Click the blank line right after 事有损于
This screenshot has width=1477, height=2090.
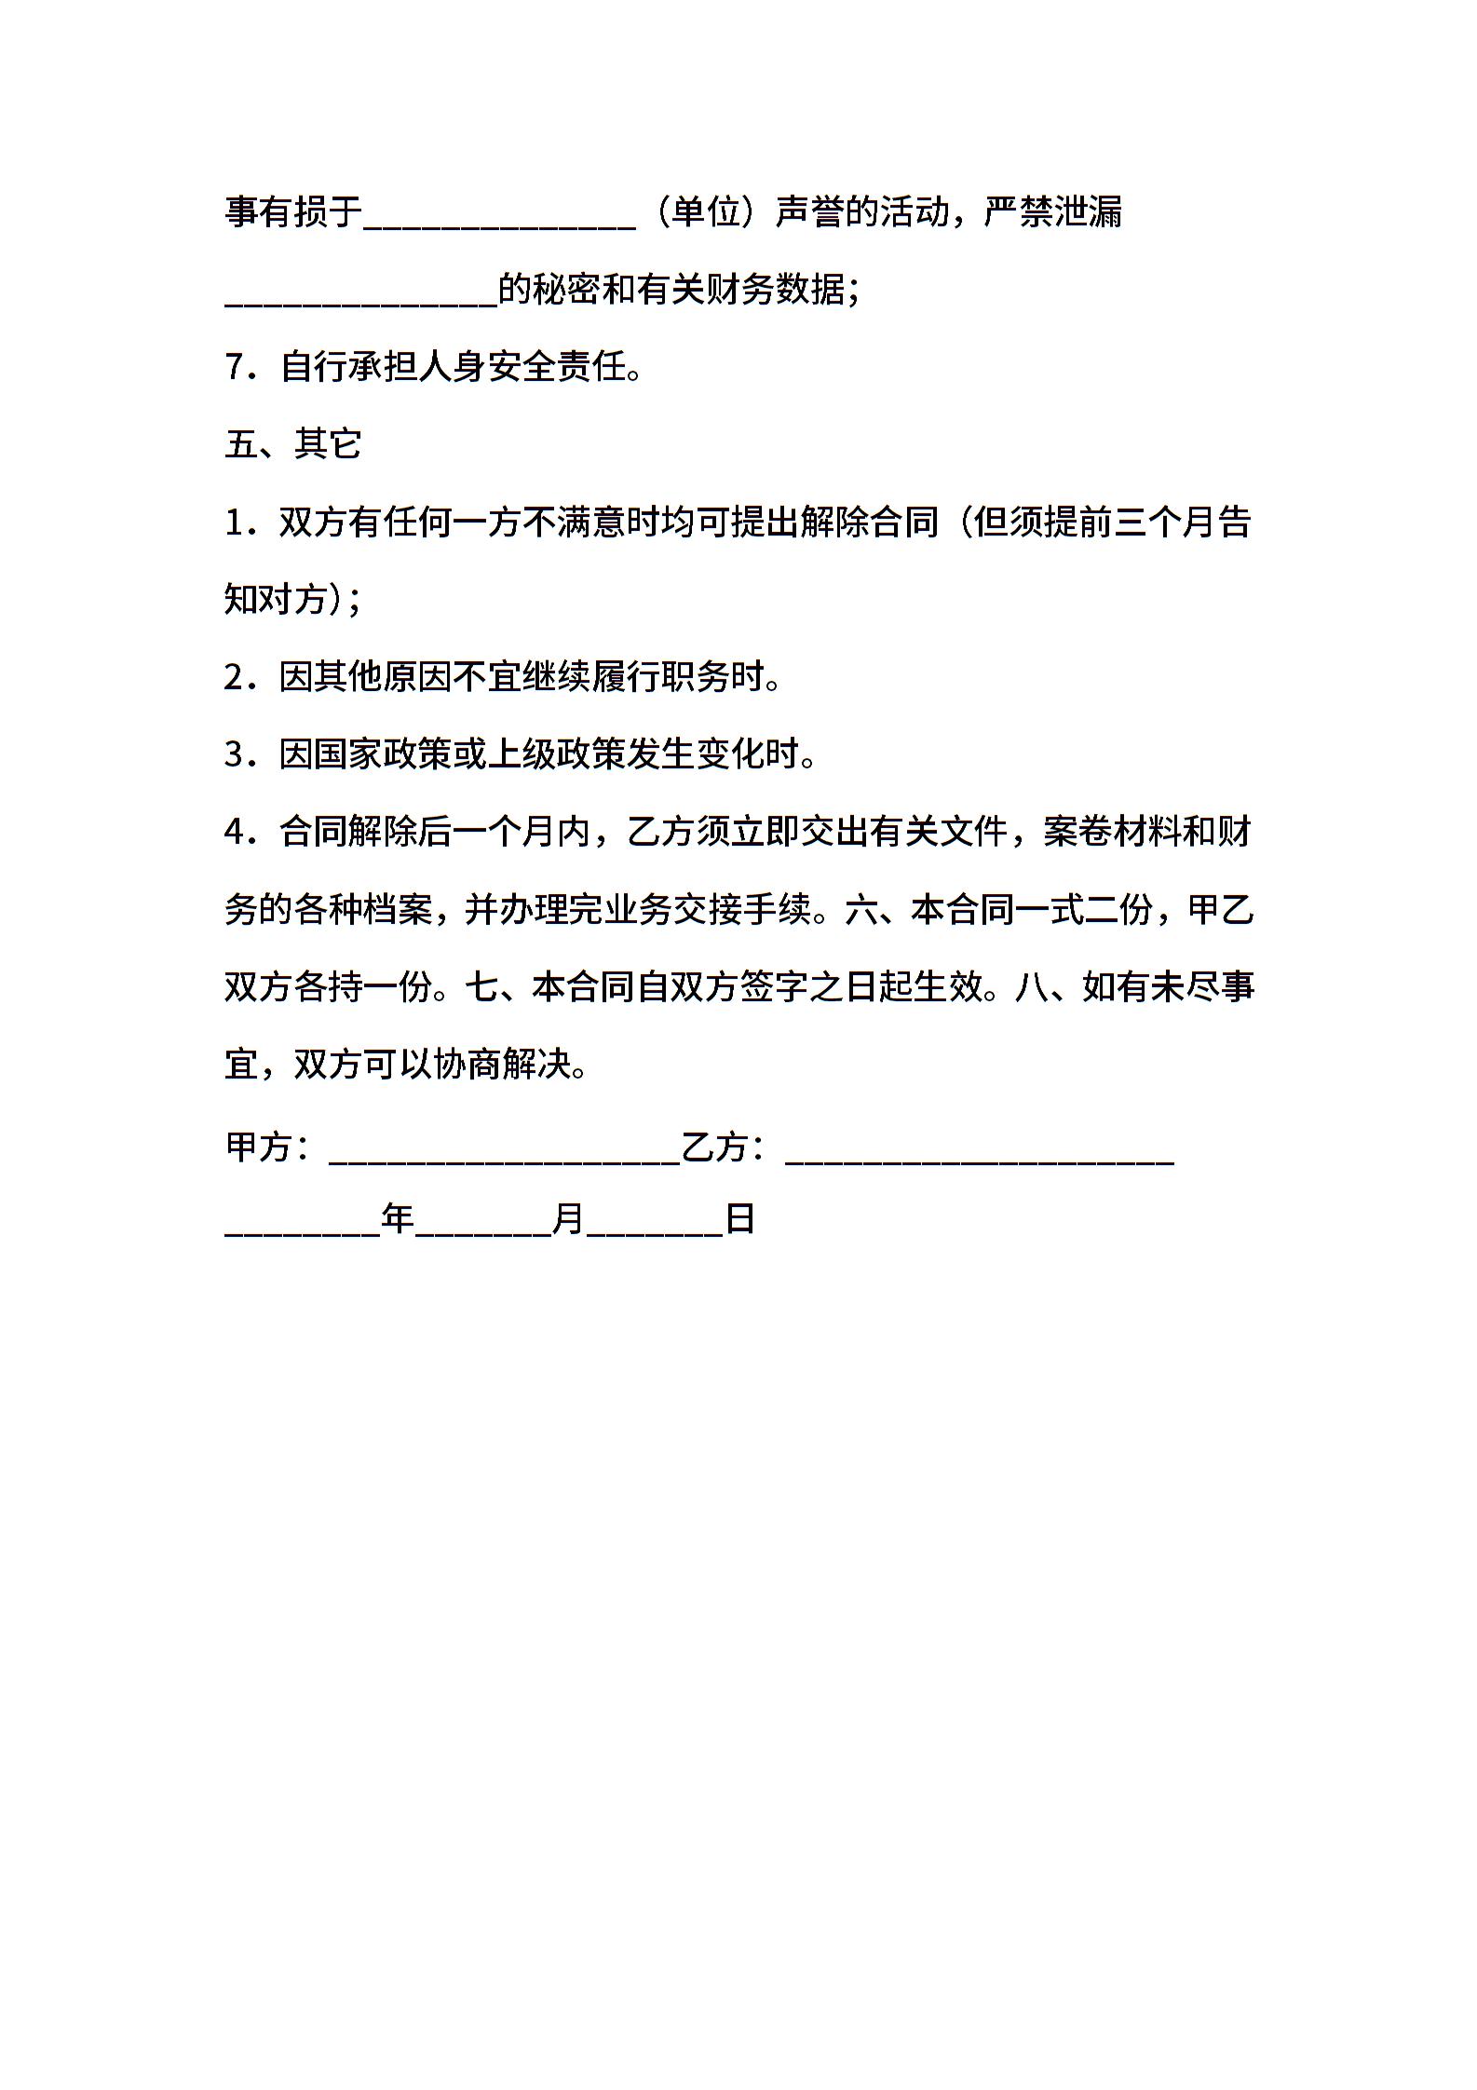(500, 224)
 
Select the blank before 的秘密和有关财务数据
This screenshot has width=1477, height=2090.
(361, 302)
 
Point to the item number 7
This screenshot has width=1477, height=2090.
(235, 367)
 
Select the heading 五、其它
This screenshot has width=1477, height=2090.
(292, 444)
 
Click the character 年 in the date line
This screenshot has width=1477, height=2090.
(398, 1218)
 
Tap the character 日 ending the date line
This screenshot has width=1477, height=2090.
(739, 1218)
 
